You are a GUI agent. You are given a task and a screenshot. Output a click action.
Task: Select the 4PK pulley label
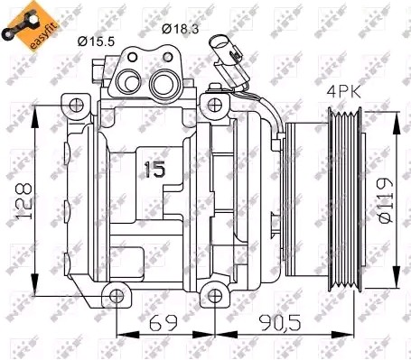(347, 91)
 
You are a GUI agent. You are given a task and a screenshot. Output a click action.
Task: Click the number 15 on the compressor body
(156, 169)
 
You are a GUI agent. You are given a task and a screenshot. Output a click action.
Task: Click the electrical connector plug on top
(223, 49)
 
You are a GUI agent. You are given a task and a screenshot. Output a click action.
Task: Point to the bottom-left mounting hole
(113, 294)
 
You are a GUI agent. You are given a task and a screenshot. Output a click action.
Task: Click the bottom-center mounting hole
(212, 294)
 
